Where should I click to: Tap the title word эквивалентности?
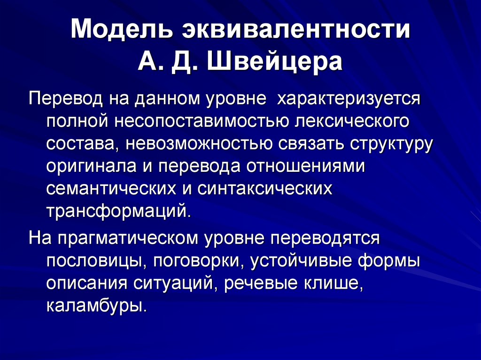(x=294, y=30)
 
